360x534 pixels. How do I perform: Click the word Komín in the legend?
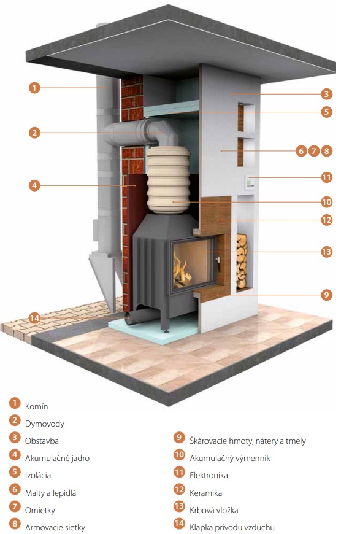point(36,406)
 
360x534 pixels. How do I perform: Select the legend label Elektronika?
point(209,475)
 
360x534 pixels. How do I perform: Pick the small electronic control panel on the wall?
point(250,182)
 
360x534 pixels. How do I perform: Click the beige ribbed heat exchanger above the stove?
point(168,179)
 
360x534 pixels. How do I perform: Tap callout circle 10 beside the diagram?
point(326,202)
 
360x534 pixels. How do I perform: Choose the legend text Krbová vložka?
point(213,510)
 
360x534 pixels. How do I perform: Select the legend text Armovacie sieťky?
point(55,527)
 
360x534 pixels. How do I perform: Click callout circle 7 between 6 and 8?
point(314,150)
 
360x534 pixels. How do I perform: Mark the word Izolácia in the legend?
point(38,475)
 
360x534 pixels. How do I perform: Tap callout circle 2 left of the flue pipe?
point(34,133)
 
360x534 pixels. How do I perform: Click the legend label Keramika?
point(205,493)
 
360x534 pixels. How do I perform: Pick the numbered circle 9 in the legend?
point(179,437)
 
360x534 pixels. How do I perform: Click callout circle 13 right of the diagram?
point(326,252)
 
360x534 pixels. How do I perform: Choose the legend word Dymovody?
point(45,424)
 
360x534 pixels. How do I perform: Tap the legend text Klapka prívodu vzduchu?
point(232,527)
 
